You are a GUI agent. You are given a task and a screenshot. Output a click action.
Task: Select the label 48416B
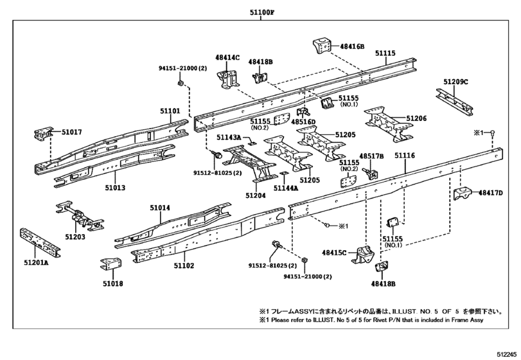pyautogui.click(x=352, y=46)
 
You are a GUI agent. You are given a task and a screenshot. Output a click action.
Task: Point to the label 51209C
pyautogui.click(x=455, y=82)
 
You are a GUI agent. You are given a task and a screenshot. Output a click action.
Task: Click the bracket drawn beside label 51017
pyautogui.click(x=43, y=134)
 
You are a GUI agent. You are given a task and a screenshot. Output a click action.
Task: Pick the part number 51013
pyautogui.click(x=115, y=188)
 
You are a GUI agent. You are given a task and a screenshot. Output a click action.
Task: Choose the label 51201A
pyautogui.click(x=36, y=262)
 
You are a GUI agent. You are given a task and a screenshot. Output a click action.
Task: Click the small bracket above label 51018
pyautogui.click(x=110, y=264)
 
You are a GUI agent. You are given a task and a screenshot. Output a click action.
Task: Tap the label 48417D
pyautogui.click(x=490, y=193)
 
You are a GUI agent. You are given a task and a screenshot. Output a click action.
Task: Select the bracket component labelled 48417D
pyautogui.click(x=463, y=194)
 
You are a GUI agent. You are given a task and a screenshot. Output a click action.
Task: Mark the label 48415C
pyautogui.click(x=334, y=253)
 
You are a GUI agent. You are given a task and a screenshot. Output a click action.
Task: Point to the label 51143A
pyautogui.click(x=229, y=138)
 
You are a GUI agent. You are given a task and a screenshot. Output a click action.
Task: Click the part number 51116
pyautogui.click(x=405, y=156)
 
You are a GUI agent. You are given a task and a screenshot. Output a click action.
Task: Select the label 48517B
pyautogui.click(x=371, y=156)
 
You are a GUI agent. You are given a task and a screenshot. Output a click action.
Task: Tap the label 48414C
pyautogui.click(x=227, y=57)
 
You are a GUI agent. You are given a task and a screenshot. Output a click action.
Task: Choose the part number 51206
pyautogui.click(x=416, y=119)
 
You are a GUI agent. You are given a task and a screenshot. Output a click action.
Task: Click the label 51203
pyautogui.click(x=75, y=237)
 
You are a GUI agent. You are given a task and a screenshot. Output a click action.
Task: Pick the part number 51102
pyautogui.click(x=184, y=265)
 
